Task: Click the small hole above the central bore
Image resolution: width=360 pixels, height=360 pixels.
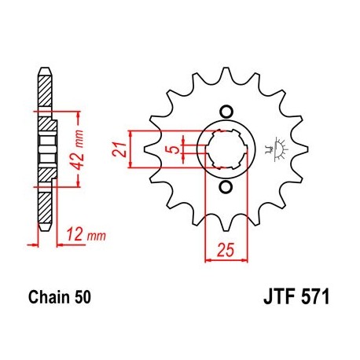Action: [226, 109]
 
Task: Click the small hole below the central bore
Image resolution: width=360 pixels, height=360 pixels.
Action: [226, 186]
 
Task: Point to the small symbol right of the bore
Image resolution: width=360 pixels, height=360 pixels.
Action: [276, 148]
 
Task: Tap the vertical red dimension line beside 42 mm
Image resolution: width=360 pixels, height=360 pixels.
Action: [78, 149]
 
